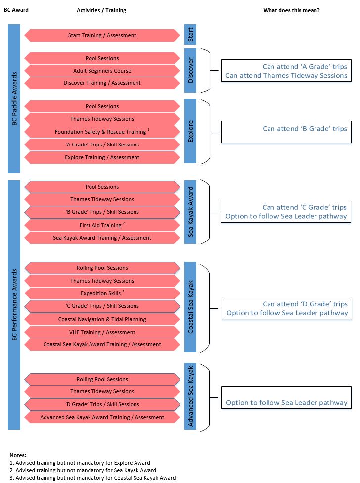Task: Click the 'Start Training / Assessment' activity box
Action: [x=102, y=35]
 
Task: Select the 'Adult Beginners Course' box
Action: [x=102, y=71]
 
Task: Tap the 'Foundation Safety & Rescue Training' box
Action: [x=102, y=132]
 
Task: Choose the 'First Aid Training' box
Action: [x=102, y=225]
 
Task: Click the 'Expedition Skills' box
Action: [x=102, y=293]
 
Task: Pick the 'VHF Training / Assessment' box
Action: [x=102, y=332]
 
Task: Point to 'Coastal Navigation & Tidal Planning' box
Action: [x=102, y=319]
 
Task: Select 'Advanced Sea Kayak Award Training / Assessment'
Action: [x=102, y=417]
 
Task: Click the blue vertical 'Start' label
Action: [x=190, y=34]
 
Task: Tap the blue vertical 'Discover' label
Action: [x=190, y=70]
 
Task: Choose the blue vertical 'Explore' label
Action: [x=190, y=131]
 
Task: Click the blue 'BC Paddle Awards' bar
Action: [x=14, y=98]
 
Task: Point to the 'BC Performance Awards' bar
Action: [x=14, y=305]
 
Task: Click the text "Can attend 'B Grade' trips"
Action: [x=305, y=129]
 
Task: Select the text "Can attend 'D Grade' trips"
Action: [x=305, y=304]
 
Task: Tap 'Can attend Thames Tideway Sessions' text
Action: [x=286, y=75]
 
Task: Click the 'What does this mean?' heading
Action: [x=291, y=10]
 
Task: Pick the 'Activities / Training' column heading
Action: [x=101, y=10]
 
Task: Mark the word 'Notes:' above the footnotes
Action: [x=18, y=455]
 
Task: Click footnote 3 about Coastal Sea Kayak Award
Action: [x=92, y=478]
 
